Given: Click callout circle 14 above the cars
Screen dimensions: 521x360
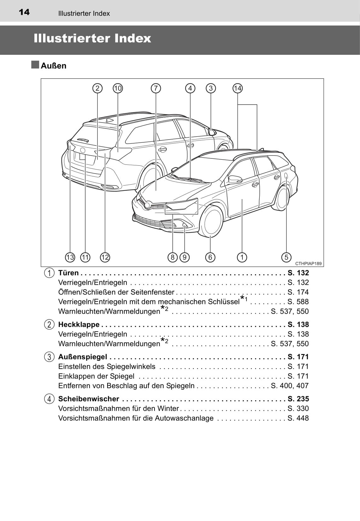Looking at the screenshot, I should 238,88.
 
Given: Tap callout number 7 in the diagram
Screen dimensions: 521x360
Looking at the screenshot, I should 156,88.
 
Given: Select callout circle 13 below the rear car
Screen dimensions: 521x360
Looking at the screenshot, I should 70,257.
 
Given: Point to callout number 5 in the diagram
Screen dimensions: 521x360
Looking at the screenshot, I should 286,257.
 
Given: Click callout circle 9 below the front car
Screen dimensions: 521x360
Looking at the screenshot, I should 184,257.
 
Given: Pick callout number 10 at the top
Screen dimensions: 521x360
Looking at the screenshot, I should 118,88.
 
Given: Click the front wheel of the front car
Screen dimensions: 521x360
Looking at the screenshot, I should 212,222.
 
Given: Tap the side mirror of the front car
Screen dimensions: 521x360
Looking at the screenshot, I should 235,179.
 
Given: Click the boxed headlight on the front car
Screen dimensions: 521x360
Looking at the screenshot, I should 181,206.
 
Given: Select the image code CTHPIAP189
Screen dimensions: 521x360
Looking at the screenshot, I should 308,264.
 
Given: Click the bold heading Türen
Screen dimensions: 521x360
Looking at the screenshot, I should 68,273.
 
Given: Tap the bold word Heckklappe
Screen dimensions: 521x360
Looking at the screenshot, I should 79,324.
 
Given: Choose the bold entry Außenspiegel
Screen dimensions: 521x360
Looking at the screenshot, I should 83,357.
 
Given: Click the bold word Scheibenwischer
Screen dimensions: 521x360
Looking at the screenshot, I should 89,399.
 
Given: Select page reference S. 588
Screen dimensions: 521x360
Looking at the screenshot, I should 298,302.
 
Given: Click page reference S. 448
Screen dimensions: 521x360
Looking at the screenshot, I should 298,418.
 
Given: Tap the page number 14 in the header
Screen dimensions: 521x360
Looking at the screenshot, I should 24,12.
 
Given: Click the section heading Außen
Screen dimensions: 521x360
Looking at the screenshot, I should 54,66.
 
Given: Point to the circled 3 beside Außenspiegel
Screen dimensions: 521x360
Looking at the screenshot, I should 49,357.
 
